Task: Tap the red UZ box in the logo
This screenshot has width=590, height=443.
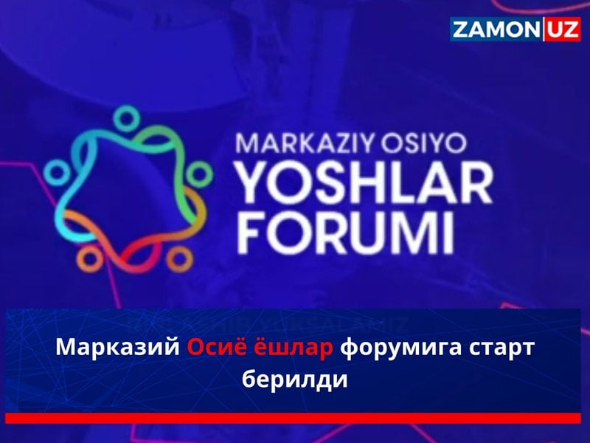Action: (563, 30)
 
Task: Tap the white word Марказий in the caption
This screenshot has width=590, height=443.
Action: (118, 348)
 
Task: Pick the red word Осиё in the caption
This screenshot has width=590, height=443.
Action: (215, 348)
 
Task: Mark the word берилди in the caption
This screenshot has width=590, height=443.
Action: (294, 382)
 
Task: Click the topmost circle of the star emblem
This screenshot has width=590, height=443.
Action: (128, 117)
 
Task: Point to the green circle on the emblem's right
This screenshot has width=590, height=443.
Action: (198, 174)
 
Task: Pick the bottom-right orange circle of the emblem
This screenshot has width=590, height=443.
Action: (177, 258)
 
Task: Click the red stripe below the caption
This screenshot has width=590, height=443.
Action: (295, 418)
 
